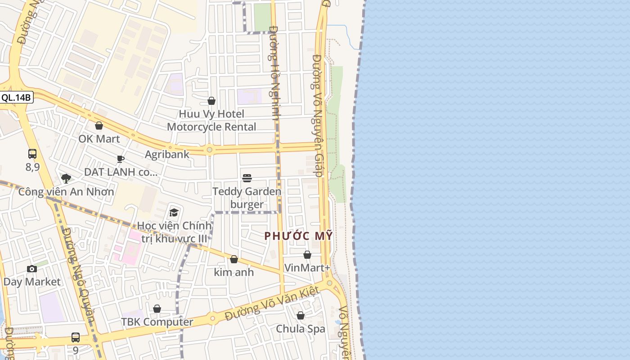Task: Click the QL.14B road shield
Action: click(x=16, y=97)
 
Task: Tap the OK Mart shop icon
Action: click(x=99, y=126)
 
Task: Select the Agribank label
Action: click(x=167, y=154)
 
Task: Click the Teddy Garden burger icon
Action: click(x=247, y=178)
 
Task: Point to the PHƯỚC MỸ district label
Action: click(x=298, y=235)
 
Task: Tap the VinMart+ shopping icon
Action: click(x=307, y=255)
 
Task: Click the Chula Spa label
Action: click(x=300, y=329)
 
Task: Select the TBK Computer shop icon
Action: click(x=157, y=309)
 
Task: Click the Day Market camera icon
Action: click(x=32, y=269)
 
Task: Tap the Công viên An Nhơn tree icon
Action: click(x=66, y=178)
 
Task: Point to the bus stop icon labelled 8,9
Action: click(x=32, y=154)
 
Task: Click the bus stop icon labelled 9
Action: click(x=76, y=337)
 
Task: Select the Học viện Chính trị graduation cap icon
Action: click(x=174, y=212)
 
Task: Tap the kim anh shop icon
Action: click(x=234, y=259)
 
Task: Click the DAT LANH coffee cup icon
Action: click(x=121, y=158)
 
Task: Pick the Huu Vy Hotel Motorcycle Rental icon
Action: click(x=211, y=101)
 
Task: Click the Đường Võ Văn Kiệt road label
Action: click(x=272, y=304)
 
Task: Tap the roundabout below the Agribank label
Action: click(x=209, y=150)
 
